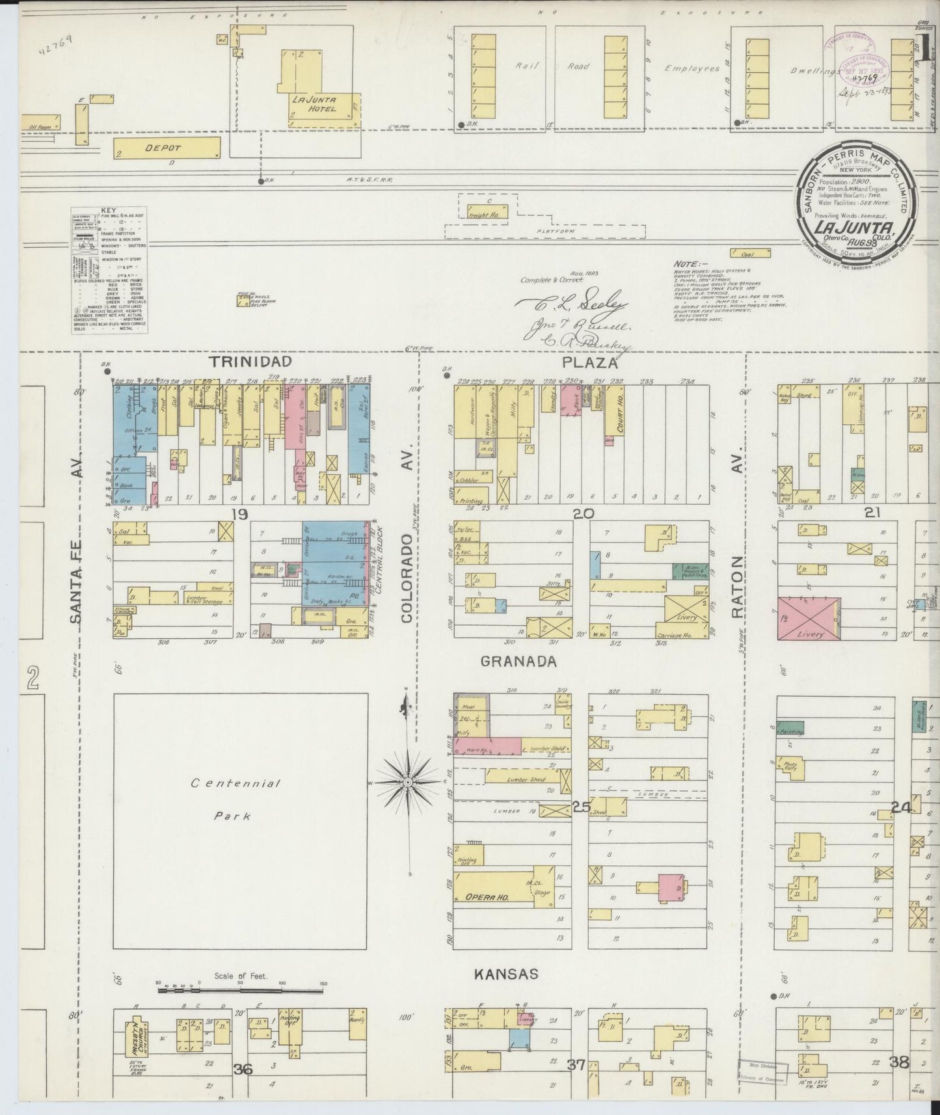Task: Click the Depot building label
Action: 163,148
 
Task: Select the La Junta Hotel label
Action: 314,104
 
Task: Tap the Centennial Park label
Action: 235,799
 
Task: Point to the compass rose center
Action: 407,781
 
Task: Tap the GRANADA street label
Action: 518,662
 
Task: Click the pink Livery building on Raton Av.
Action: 809,618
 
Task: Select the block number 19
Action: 239,515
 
